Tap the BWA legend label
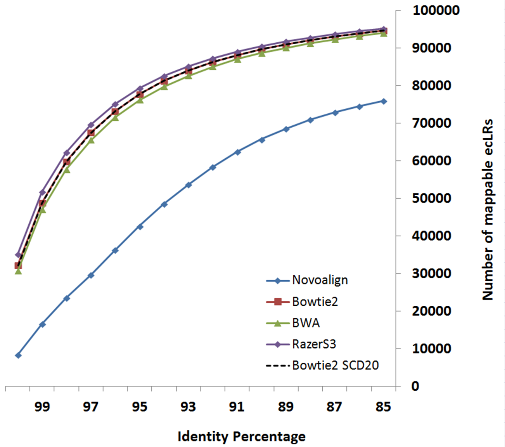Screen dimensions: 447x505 306,323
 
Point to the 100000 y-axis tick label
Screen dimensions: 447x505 436,10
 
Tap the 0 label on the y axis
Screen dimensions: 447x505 415,386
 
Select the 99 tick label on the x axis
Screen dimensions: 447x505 42,407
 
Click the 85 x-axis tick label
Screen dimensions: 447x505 383,407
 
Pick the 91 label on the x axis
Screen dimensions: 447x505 237,407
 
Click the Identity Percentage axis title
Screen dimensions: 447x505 241,437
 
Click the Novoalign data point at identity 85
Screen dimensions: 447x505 384,101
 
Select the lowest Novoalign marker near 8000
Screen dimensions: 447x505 18,355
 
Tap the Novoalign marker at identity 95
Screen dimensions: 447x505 140,227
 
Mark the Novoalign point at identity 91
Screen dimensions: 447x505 237,152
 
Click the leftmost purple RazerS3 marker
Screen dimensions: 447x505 18,255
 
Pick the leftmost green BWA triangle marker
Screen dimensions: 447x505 18,271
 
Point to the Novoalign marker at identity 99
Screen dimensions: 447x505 43,324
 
